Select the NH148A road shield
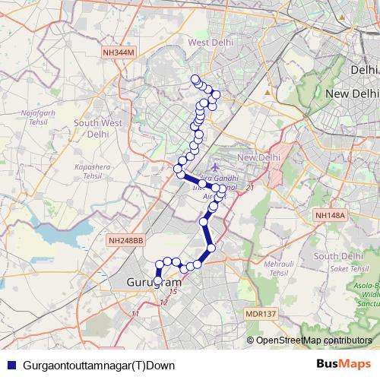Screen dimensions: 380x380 tap(331, 215)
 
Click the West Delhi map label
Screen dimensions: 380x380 tap(208, 43)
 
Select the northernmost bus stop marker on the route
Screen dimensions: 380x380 tap(195, 80)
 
